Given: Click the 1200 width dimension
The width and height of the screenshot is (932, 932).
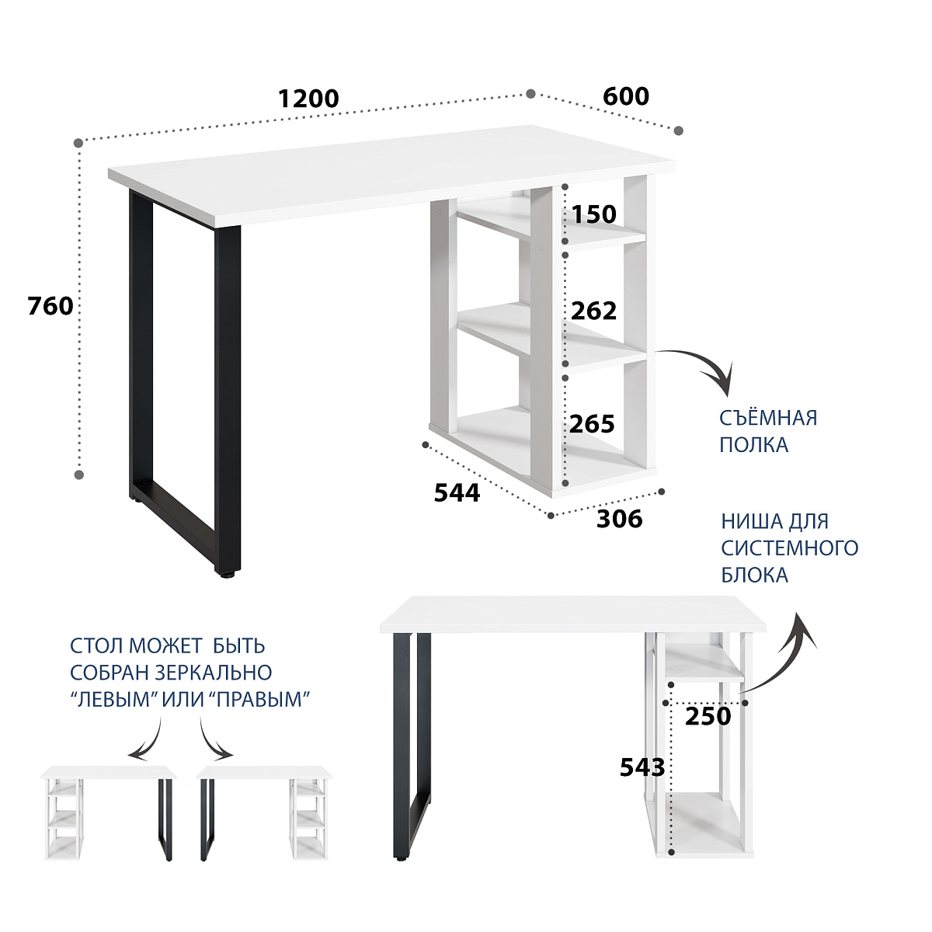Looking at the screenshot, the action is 308,99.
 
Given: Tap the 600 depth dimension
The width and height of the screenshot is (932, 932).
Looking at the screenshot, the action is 625,96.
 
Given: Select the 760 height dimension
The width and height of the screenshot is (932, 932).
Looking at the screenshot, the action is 50,306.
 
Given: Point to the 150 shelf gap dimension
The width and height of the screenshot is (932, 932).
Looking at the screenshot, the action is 594,214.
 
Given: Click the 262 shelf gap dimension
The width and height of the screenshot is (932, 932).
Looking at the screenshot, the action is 594,311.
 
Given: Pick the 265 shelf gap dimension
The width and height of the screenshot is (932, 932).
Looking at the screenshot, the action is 592,424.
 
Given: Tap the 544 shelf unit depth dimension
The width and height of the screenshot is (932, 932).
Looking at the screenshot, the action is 457,493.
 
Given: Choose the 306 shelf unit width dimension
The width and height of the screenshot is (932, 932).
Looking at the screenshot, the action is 620,519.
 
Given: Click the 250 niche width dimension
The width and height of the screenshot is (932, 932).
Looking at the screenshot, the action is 708,716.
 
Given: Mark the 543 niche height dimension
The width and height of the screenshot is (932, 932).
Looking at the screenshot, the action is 642,767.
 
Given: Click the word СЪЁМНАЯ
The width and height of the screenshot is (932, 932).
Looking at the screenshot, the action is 768,418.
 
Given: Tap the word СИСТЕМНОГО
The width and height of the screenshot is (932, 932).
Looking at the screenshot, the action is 790,548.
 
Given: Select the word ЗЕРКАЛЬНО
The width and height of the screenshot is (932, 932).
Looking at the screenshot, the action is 214,673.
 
